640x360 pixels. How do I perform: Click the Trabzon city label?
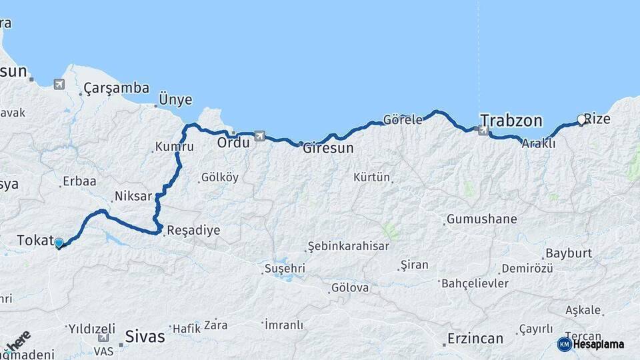pyautogui.click(x=511, y=121)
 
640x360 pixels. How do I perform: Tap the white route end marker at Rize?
pyautogui.click(x=581, y=120)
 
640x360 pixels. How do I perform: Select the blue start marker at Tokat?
pyautogui.click(x=59, y=243)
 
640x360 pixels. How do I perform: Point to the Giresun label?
pyautogui.click(x=327, y=148)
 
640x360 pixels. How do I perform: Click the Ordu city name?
pyautogui.click(x=233, y=142)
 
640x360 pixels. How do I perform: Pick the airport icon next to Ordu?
pyautogui.click(x=259, y=136)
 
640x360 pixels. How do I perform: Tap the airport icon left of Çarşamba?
pyautogui.click(x=60, y=85)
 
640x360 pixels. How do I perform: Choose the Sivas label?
pyautogui.click(x=145, y=337)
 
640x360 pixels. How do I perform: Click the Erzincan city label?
pyautogui.click(x=475, y=339)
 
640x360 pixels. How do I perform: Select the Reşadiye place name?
pyautogui.click(x=193, y=230)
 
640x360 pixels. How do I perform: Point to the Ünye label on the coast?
pyautogui.click(x=175, y=100)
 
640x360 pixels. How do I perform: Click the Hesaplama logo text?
pyautogui.click(x=597, y=344)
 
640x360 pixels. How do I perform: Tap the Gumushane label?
pyautogui.click(x=481, y=219)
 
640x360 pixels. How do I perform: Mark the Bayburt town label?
pyautogui.click(x=568, y=253)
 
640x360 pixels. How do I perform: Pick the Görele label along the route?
pyautogui.click(x=403, y=120)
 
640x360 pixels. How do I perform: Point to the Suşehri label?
pyautogui.click(x=285, y=268)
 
